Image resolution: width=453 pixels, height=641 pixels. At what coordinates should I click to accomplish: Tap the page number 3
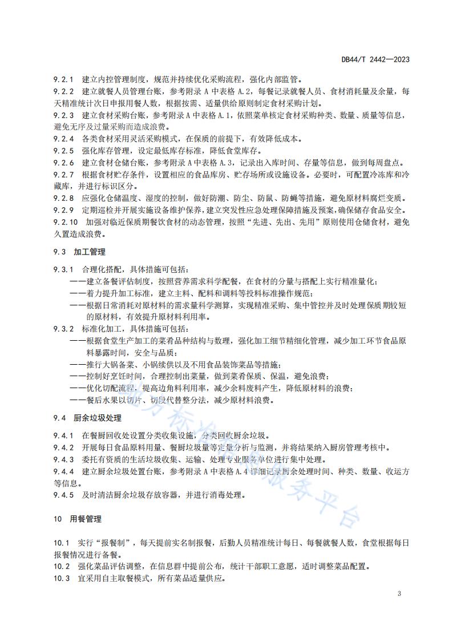click(399, 594)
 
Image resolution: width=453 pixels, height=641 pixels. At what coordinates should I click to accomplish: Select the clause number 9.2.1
click(64, 80)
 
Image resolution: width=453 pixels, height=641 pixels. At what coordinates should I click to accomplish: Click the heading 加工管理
click(90, 252)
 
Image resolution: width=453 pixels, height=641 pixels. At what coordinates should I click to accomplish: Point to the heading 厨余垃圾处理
click(98, 417)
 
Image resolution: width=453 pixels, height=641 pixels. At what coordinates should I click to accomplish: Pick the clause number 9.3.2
click(64, 329)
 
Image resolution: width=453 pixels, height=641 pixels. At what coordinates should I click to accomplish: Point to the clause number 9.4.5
click(64, 495)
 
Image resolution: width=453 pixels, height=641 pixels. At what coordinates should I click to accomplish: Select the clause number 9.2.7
click(64, 175)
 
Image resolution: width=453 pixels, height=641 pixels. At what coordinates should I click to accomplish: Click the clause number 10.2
click(62, 567)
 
